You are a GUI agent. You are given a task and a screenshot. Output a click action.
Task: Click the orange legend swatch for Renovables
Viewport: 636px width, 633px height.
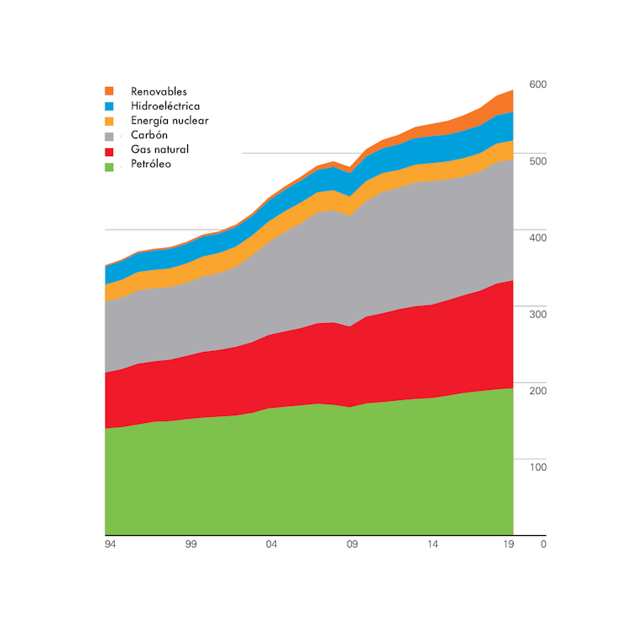[x=109, y=91]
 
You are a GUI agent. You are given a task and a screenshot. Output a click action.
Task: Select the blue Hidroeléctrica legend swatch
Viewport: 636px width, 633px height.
[x=109, y=106]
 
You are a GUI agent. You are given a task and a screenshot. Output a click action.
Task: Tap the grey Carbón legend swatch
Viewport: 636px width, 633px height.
[x=109, y=136]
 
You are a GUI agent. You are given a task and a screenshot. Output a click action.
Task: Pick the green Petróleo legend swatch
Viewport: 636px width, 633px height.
[x=109, y=165]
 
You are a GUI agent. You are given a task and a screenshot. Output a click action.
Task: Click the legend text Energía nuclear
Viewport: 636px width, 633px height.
[x=170, y=121]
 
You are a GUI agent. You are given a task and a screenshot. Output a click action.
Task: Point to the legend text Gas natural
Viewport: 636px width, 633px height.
[x=159, y=149]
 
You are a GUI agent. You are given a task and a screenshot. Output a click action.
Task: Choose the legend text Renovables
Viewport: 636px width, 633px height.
[x=159, y=91]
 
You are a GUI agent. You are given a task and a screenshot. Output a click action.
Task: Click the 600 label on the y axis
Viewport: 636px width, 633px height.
[x=538, y=84]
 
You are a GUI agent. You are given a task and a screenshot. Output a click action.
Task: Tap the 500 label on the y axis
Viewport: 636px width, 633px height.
[x=538, y=161]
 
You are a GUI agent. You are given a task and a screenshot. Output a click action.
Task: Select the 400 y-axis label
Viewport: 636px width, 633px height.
[x=538, y=238]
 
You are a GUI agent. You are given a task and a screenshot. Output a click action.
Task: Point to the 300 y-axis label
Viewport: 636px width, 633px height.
[x=538, y=314]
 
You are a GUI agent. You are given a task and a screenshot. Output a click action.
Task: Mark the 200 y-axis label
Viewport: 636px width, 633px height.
[x=538, y=390]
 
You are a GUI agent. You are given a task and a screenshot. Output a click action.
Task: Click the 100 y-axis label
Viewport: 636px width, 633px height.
[x=538, y=467]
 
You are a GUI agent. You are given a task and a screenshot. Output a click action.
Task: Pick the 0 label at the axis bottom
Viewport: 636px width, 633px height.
[x=543, y=544]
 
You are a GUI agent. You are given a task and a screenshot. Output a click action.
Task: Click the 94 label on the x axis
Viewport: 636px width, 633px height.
[x=110, y=545]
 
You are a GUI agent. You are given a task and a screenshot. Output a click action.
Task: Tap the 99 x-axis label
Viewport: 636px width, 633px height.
[x=191, y=545]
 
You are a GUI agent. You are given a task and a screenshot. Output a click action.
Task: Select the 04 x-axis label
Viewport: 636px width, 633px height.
[x=272, y=545]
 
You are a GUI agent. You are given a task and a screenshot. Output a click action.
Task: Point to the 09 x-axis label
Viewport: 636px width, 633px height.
[x=353, y=545]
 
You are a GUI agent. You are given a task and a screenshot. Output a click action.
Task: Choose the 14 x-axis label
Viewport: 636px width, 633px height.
[x=433, y=545]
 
